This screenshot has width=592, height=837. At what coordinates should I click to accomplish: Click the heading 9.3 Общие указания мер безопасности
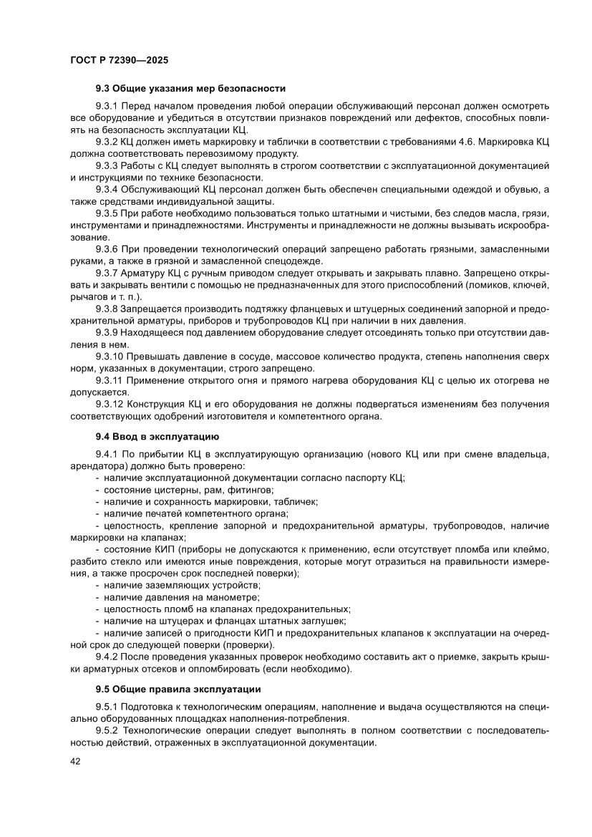(190, 89)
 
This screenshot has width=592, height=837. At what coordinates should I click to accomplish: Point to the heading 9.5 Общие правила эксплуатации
(178, 689)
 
